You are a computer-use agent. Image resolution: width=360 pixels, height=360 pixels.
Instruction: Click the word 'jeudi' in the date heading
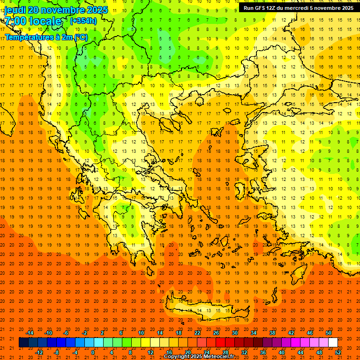(15, 10)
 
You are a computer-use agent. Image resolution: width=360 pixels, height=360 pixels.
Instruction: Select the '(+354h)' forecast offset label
(83, 21)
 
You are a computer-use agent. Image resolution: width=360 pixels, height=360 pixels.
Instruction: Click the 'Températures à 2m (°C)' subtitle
(46, 37)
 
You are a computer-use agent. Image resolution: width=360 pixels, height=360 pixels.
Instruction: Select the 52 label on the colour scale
(338, 352)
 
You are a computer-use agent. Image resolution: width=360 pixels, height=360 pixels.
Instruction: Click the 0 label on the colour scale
(93, 352)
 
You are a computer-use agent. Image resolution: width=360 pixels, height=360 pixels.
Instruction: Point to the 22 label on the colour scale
(197, 333)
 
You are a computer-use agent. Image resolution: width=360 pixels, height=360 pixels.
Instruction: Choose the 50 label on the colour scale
(329, 333)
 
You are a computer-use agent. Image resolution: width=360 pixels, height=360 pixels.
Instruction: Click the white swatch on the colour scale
(333, 343)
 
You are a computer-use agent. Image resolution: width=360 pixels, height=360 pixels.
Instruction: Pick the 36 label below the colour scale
(263, 352)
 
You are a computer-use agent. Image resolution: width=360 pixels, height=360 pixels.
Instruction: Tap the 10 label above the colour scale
(141, 333)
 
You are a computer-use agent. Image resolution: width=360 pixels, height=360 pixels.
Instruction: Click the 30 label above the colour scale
(235, 333)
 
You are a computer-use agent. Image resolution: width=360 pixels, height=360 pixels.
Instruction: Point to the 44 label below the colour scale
(300, 352)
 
